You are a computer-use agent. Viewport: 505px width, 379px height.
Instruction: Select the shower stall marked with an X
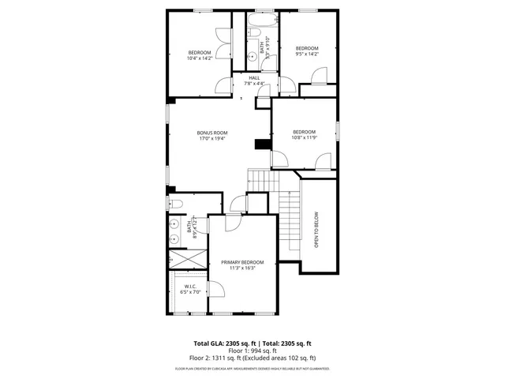pos(187,259)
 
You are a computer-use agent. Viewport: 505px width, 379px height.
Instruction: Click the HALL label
pos(254,78)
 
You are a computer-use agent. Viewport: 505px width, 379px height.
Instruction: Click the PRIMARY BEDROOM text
pos(242,262)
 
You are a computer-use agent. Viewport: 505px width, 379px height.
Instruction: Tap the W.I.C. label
pos(189,287)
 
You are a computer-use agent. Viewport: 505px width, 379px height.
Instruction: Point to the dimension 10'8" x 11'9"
pos(305,137)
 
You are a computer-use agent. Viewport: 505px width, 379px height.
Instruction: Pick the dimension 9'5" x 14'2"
pos(307,54)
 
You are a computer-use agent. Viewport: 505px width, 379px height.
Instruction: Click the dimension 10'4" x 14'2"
pos(200,58)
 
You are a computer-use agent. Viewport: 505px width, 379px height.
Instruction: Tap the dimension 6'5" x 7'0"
pos(189,293)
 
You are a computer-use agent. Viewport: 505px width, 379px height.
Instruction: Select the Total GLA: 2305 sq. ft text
pos(225,343)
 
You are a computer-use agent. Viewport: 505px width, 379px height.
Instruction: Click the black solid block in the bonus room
pos(261,144)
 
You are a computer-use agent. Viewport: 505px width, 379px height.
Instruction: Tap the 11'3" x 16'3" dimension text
pos(242,268)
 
